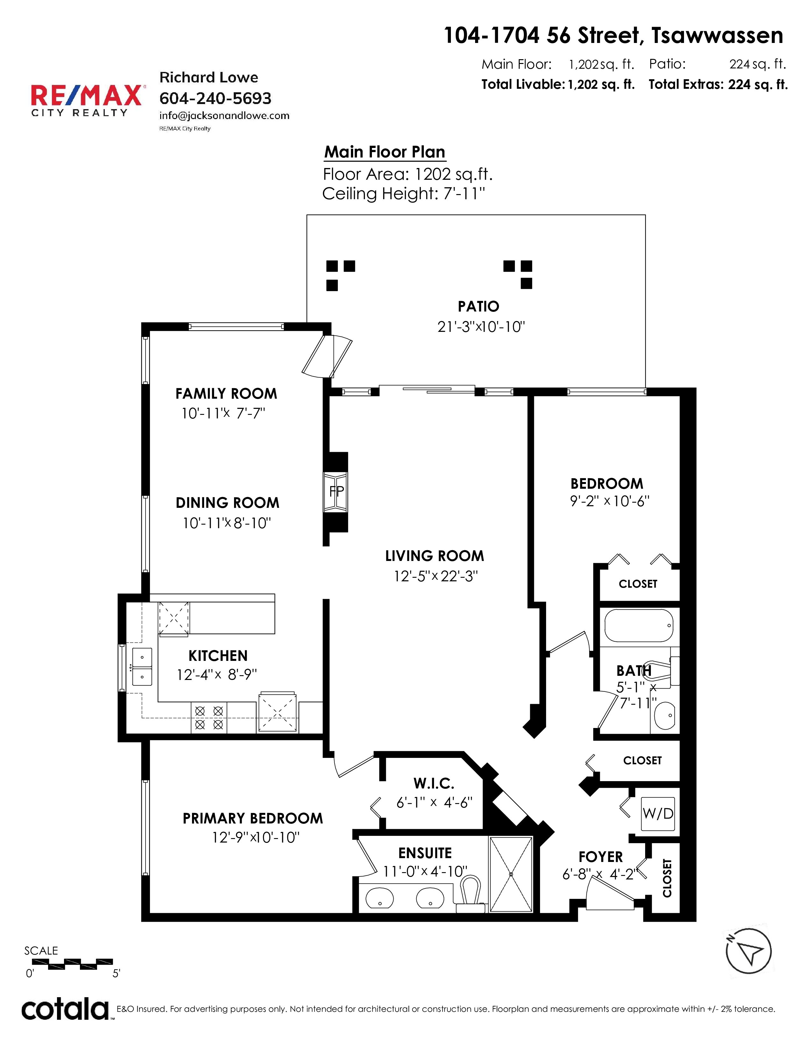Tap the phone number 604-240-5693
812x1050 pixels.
coord(216,99)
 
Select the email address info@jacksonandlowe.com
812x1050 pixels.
coord(224,116)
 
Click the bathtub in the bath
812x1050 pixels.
coord(639,626)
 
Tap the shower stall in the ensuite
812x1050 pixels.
coord(511,874)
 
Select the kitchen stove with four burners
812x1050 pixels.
coord(209,717)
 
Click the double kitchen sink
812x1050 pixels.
coord(142,666)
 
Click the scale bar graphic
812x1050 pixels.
coord(72,963)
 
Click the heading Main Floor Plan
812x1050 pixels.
coord(385,152)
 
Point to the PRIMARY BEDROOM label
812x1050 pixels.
coord(253,818)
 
